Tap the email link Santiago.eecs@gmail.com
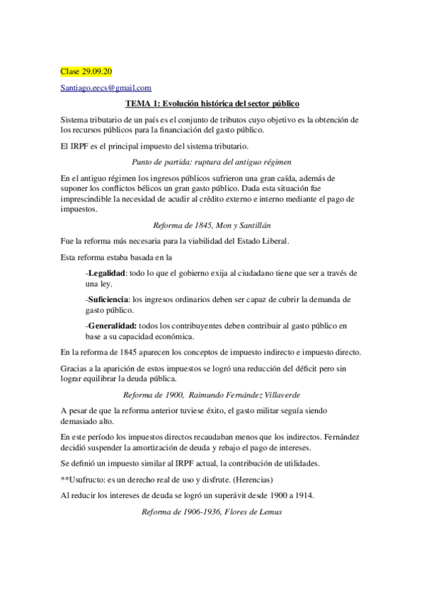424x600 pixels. point(107,88)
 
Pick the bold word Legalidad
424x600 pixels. point(107,272)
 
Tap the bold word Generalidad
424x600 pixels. point(112,325)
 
